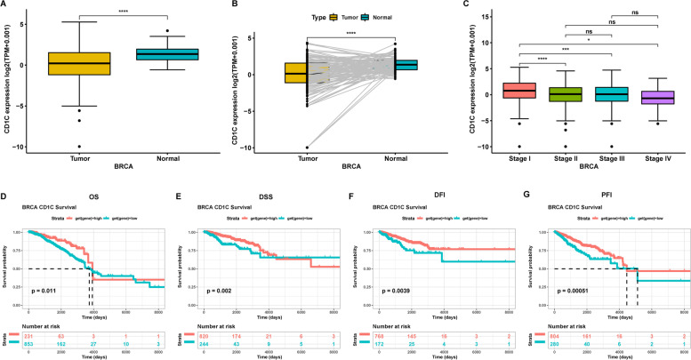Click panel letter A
[4, 5]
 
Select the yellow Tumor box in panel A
[80, 64]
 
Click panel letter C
[466, 5]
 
